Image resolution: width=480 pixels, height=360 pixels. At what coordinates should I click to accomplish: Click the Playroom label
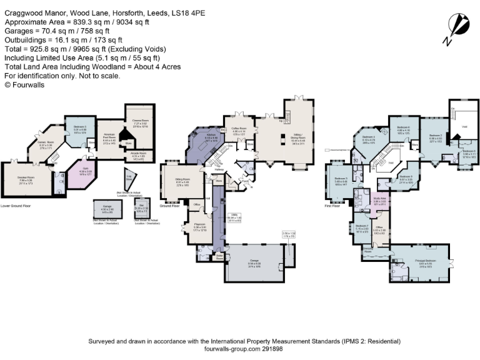click(199, 227)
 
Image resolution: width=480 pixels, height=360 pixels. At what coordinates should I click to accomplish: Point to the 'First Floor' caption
click(332, 205)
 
